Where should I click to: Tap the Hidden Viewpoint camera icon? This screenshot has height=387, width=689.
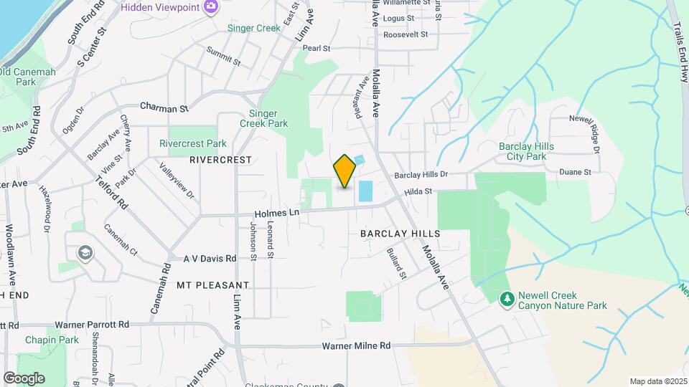[211, 7]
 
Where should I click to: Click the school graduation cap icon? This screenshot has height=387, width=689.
[85, 252]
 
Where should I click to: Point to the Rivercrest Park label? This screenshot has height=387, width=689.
[192, 144]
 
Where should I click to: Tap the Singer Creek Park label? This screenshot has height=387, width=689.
[268, 118]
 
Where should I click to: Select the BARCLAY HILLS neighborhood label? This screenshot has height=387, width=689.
[400, 234]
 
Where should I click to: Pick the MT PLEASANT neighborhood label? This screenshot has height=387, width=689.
[212, 285]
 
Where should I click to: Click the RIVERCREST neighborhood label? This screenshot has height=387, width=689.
[221, 160]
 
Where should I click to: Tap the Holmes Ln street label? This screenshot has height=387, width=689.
[277, 214]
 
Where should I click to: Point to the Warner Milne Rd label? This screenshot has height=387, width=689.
[356, 346]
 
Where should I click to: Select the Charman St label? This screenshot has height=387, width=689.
[164, 107]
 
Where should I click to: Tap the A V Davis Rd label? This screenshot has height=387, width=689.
[210, 258]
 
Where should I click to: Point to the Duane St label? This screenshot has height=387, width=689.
[576, 172]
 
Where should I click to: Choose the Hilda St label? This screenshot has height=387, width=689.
[418, 191]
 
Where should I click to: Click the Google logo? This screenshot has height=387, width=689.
[24, 378]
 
